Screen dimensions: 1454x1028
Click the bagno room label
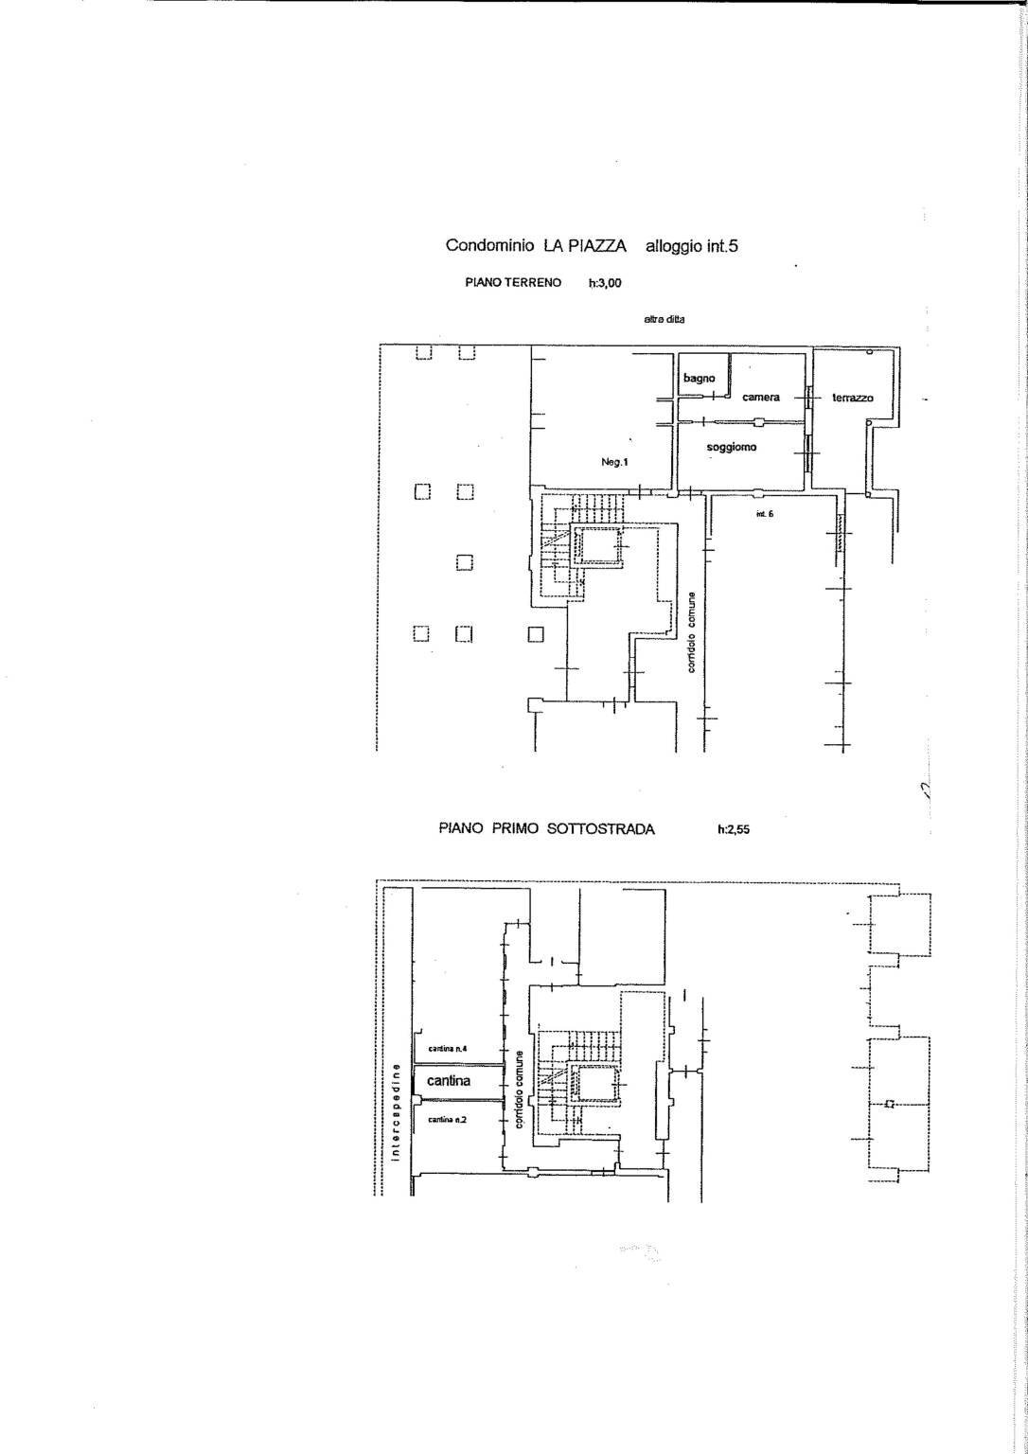(700, 379)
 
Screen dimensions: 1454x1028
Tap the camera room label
(761, 398)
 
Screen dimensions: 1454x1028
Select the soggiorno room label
(732, 447)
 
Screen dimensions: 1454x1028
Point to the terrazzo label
(853, 399)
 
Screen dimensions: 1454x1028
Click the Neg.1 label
(614, 462)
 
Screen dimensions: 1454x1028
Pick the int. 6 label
(765, 514)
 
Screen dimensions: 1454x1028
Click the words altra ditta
(665, 320)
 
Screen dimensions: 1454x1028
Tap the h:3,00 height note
(605, 282)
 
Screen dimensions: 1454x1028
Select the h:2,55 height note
(736, 829)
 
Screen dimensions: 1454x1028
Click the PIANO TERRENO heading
(513, 282)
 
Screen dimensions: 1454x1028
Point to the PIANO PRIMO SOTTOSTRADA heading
(546, 829)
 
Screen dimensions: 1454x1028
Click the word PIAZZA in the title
(584, 246)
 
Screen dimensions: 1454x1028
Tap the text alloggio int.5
(691, 246)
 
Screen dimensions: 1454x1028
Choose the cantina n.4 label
(448, 1049)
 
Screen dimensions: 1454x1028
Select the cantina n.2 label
(447, 1119)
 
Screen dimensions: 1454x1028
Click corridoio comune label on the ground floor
(693, 632)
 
